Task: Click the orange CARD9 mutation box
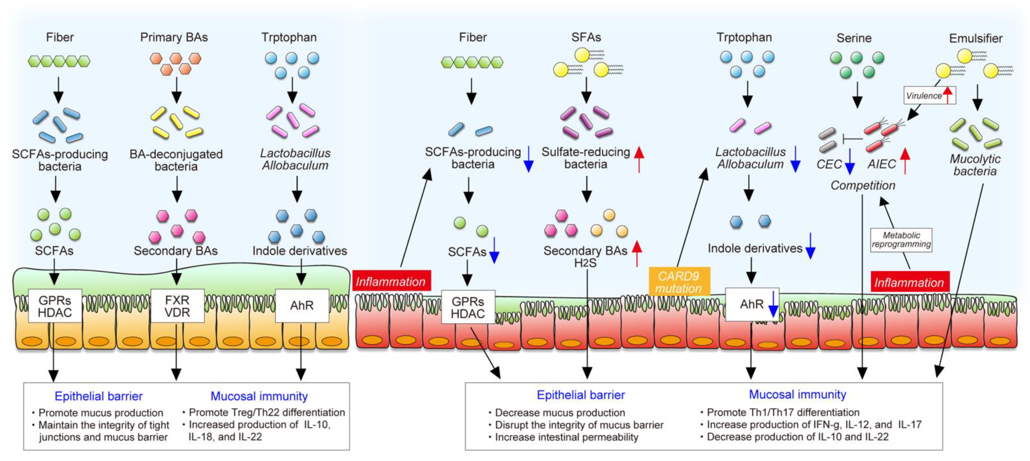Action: (x=679, y=282)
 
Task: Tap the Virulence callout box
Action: (x=929, y=96)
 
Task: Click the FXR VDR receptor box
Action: (x=177, y=306)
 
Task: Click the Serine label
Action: (x=854, y=38)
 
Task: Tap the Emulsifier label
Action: (x=976, y=38)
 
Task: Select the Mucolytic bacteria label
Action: (x=975, y=165)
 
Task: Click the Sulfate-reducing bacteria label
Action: (x=586, y=158)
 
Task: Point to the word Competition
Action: (x=862, y=185)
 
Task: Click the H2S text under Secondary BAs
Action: (x=585, y=263)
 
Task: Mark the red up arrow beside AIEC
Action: (x=905, y=161)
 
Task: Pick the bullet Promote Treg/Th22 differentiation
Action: (x=266, y=412)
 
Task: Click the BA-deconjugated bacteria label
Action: (x=176, y=160)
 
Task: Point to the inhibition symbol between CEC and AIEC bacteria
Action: (x=852, y=139)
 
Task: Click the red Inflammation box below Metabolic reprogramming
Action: (x=909, y=283)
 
